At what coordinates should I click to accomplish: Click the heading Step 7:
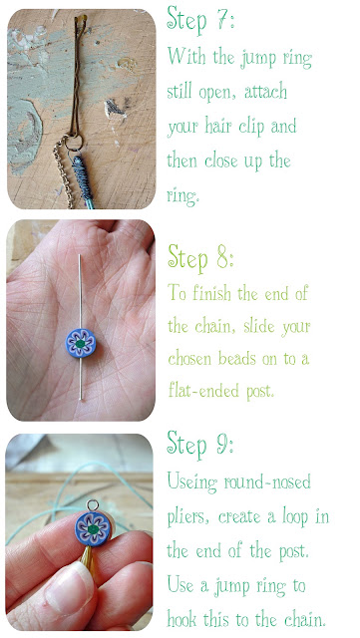tap(200, 19)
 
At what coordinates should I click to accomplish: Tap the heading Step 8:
tap(200, 257)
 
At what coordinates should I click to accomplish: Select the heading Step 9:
tap(200, 445)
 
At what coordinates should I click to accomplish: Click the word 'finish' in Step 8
tap(212, 293)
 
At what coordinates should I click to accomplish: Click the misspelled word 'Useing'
tap(192, 482)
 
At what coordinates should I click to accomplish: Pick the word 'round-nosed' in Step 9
tap(267, 482)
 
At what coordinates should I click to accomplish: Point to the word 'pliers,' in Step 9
tap(188, 518)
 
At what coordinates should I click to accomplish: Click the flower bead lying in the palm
tap(81, 343)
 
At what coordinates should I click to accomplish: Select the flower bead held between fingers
tap(93, 529)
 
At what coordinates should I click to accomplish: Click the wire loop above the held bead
tap(93, 505)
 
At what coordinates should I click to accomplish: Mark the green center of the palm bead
tap(81, 343)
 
